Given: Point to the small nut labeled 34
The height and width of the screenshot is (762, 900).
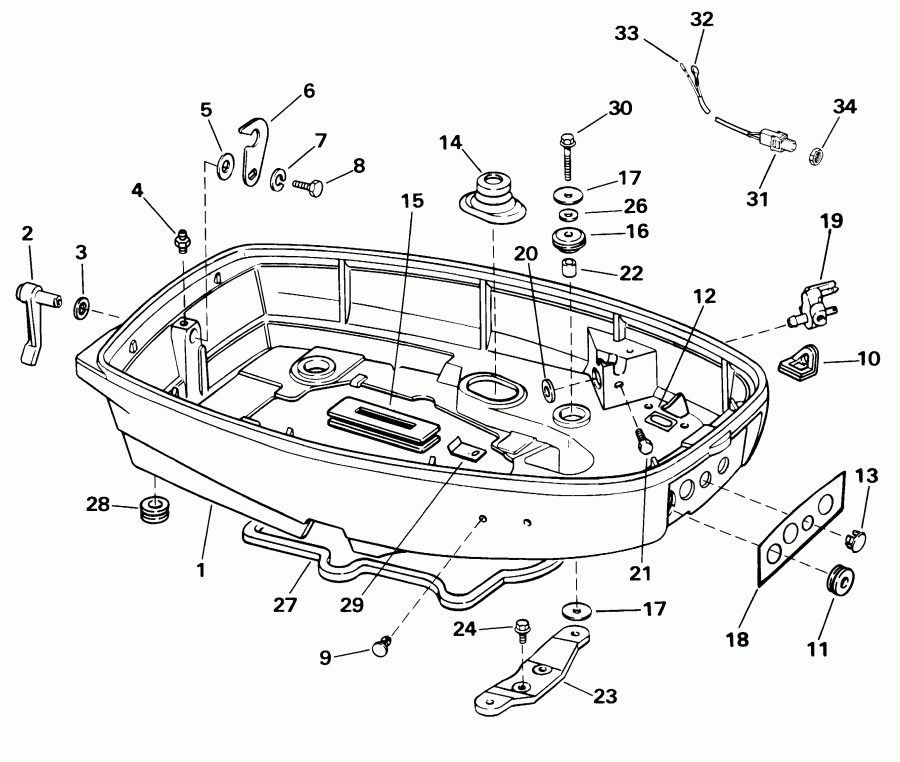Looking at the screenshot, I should tap(814, 154).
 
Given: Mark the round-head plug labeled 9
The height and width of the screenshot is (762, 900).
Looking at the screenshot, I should tap(381, 648).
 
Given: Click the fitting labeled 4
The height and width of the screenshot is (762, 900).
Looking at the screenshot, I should tap(181, 239).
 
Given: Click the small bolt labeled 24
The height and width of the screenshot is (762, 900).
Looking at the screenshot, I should tap(522, 630).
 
